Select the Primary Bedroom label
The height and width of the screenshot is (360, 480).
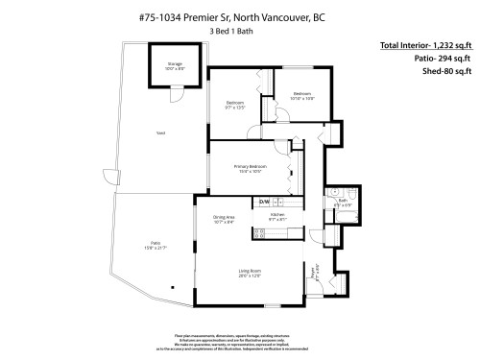pyautogui.click(x=251, y=167)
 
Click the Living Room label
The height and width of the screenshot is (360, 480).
pyautogui.click(x=250, y=273)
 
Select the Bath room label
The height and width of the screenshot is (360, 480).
pyautogui.click(x=342, y=203)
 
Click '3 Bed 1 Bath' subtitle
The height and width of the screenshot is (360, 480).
pyautogui.click(x=230, y=31)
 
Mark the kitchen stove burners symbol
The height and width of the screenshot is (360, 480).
pyautogui.click(x=258, y=232)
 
